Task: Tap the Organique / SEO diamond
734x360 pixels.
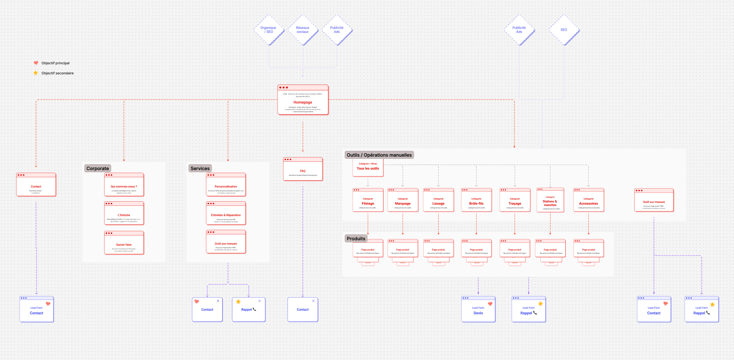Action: pos(269,30)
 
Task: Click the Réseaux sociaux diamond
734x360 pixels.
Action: pos(303,30)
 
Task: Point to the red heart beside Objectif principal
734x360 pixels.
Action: pos(36,63)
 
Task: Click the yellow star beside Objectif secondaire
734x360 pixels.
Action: pos(36,73)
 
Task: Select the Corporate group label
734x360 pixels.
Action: pos(97,168)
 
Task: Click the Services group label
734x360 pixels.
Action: pos(200,168)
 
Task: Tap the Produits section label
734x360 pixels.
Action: pos(356,239)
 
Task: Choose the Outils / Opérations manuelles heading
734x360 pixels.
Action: pos(379,155)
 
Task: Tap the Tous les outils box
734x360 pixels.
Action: pos(368,167)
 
